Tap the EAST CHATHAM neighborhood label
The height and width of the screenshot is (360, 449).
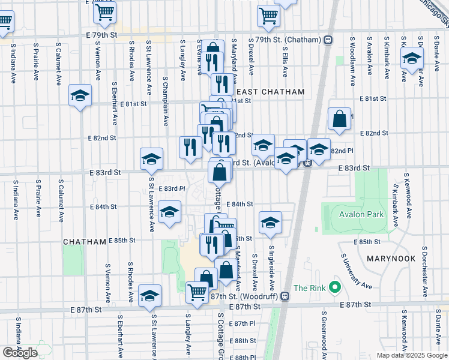[x=271, y=92]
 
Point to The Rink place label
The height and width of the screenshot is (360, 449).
[x=309, y=288]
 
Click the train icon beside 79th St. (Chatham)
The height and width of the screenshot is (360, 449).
[x=328, y=40]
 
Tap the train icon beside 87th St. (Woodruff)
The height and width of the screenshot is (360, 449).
[x=286, y=296]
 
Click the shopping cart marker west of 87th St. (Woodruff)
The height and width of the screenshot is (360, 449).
[x=196, y=292]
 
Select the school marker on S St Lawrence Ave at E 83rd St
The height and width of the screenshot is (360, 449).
[x=151, y=159]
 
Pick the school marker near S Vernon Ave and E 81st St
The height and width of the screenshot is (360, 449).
[x=80, y=95]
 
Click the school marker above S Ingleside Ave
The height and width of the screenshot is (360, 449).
[x=271, y=222]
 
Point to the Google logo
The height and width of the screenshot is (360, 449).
[x=20, y=353]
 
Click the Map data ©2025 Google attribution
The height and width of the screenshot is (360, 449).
[x=412, y=355]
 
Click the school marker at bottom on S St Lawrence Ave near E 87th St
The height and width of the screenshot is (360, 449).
[x=149, y=296]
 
